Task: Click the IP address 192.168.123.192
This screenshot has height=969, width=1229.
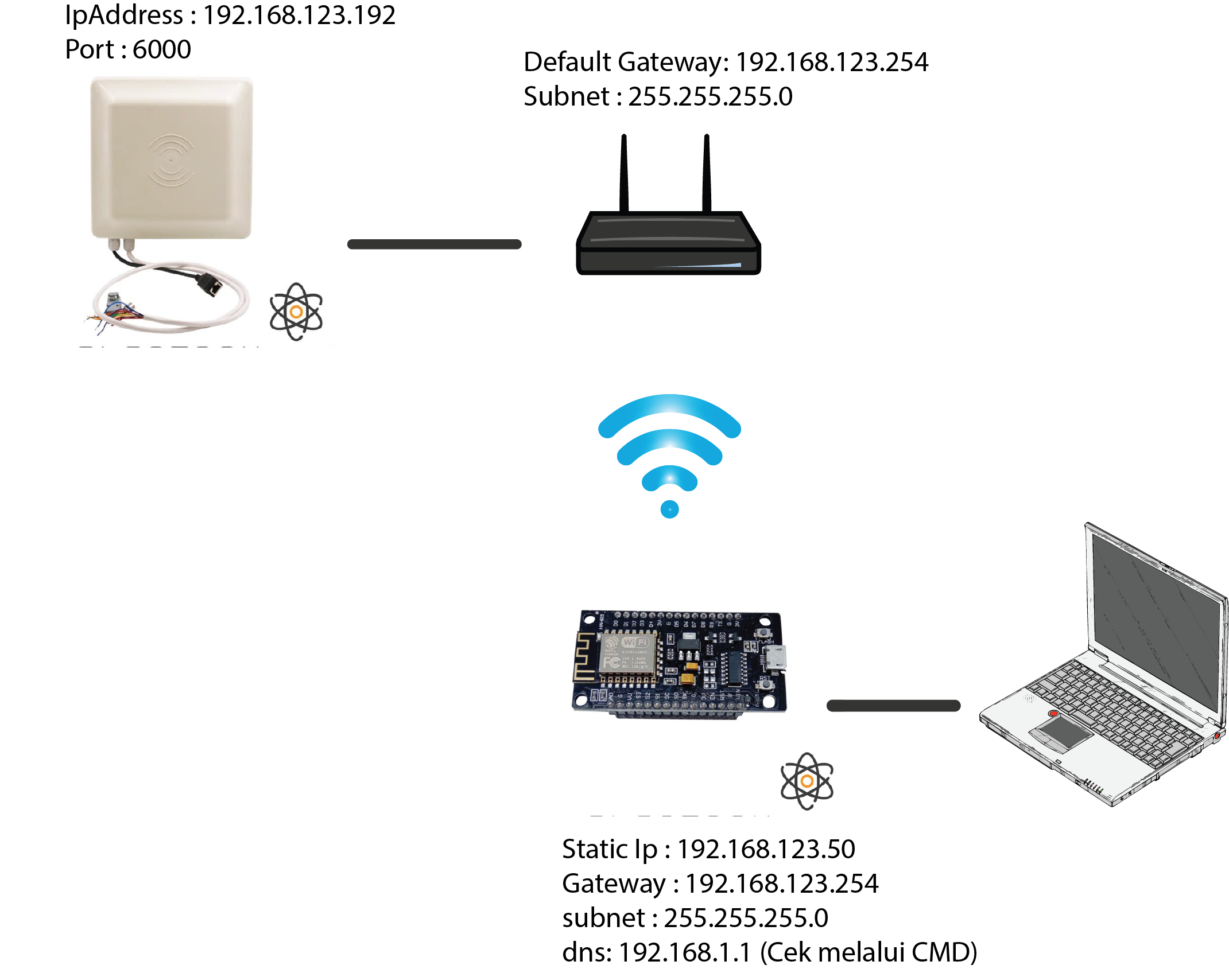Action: point(299,15)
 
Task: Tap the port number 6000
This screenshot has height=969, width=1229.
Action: point(161,50)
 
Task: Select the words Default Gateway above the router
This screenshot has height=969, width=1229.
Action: point(623,62)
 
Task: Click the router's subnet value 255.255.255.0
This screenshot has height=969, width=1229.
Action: point(710,96)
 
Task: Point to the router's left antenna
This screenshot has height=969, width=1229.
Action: point(624,172)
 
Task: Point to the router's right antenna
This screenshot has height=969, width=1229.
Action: point(707,172)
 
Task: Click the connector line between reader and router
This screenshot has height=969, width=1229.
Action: point(434,244)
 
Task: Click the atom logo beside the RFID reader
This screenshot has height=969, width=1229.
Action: point(296,312)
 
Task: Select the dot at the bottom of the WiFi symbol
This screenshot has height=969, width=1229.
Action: point(669,509)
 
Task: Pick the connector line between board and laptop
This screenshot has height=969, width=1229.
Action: point(893,706)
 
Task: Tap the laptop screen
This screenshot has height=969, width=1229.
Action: point(1154,620)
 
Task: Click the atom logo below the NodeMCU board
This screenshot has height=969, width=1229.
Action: point(807,781)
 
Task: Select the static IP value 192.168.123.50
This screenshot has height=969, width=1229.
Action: point(766,849)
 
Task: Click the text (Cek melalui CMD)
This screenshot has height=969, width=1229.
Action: point(868,952)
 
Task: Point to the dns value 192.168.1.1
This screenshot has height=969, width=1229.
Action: point(684,952)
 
